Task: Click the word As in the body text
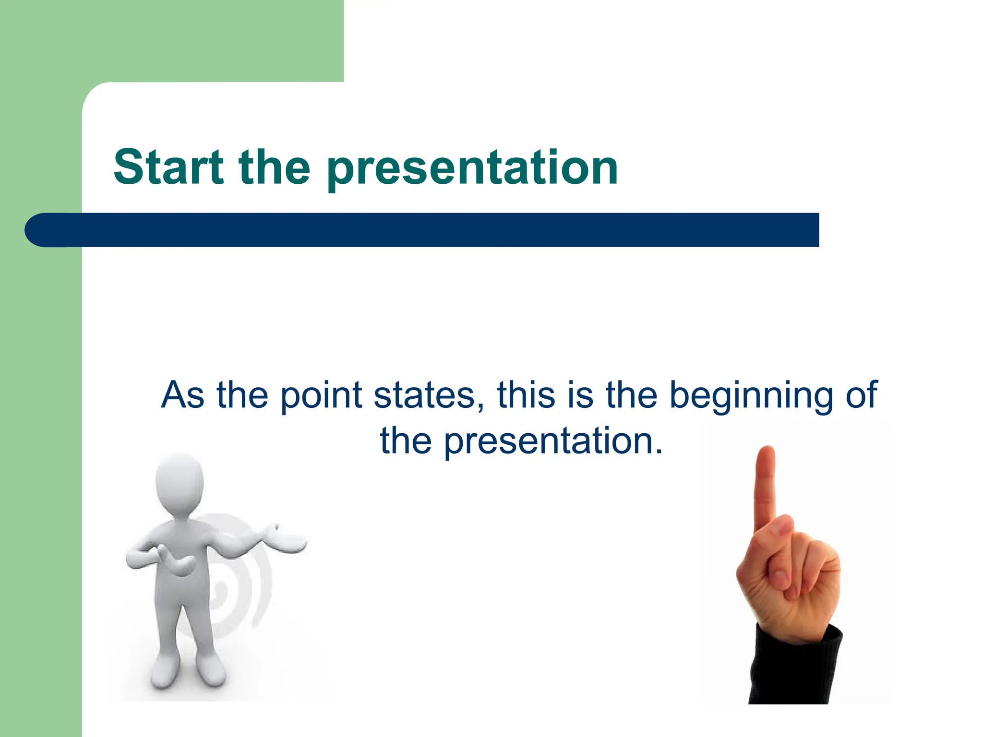pos(182,395)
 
